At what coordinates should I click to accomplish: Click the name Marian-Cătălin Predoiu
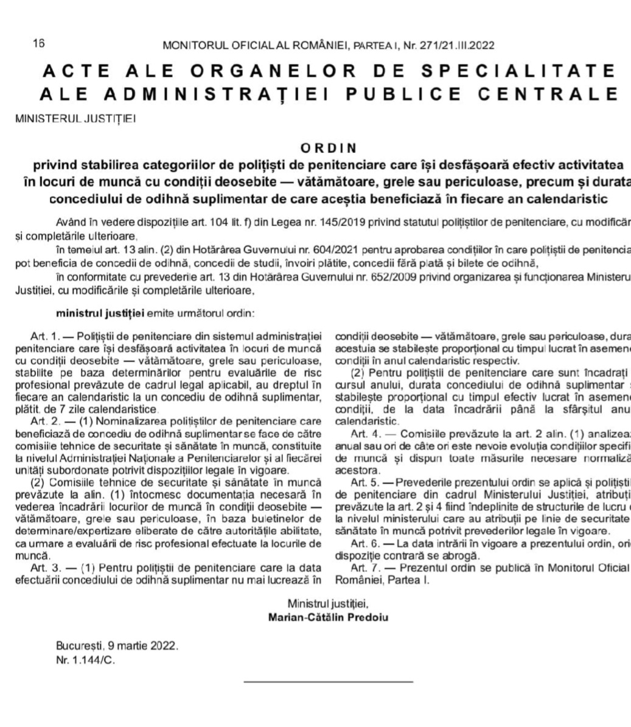328,616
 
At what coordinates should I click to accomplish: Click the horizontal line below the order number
328,681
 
